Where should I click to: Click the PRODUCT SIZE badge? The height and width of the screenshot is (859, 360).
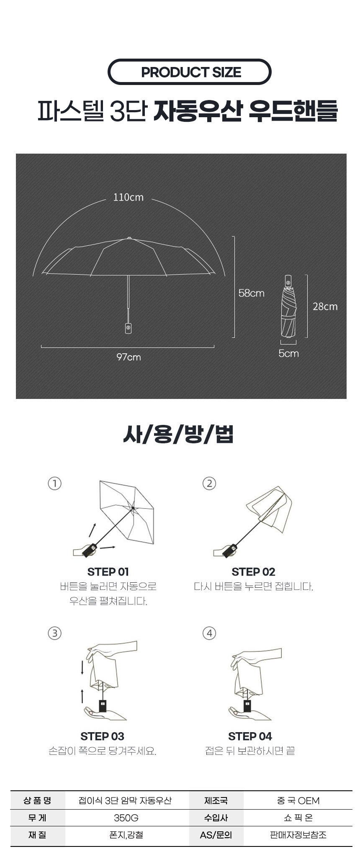pos(190,72)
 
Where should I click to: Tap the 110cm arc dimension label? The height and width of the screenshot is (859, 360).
pos(128,197)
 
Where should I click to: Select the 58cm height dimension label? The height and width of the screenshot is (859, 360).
pos(251,293)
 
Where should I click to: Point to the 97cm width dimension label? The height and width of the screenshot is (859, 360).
pos(129,357)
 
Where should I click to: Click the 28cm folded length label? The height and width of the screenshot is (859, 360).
pos(325,306)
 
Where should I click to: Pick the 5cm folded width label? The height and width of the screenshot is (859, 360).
pos(288,353)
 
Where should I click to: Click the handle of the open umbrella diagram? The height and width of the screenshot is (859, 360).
pos(128,327)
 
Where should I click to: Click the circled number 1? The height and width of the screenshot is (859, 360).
pos(55,484)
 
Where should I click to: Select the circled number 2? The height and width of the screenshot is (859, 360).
pos(209,484)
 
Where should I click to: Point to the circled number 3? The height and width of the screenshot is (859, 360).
pos(55,633)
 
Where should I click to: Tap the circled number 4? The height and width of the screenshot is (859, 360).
pos(209,633)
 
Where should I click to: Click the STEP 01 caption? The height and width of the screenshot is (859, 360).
pos(108,572)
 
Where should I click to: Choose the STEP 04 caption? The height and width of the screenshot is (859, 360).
pos(250,736)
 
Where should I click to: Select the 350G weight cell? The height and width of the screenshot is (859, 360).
pos(126,818)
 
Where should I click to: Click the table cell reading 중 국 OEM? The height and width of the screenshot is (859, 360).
pos(298,801)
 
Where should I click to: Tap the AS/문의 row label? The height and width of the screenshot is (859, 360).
pos(216,835)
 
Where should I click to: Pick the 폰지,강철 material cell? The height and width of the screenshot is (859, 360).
pos(126,835)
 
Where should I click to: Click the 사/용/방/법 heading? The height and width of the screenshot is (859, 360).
pos(178,434)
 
